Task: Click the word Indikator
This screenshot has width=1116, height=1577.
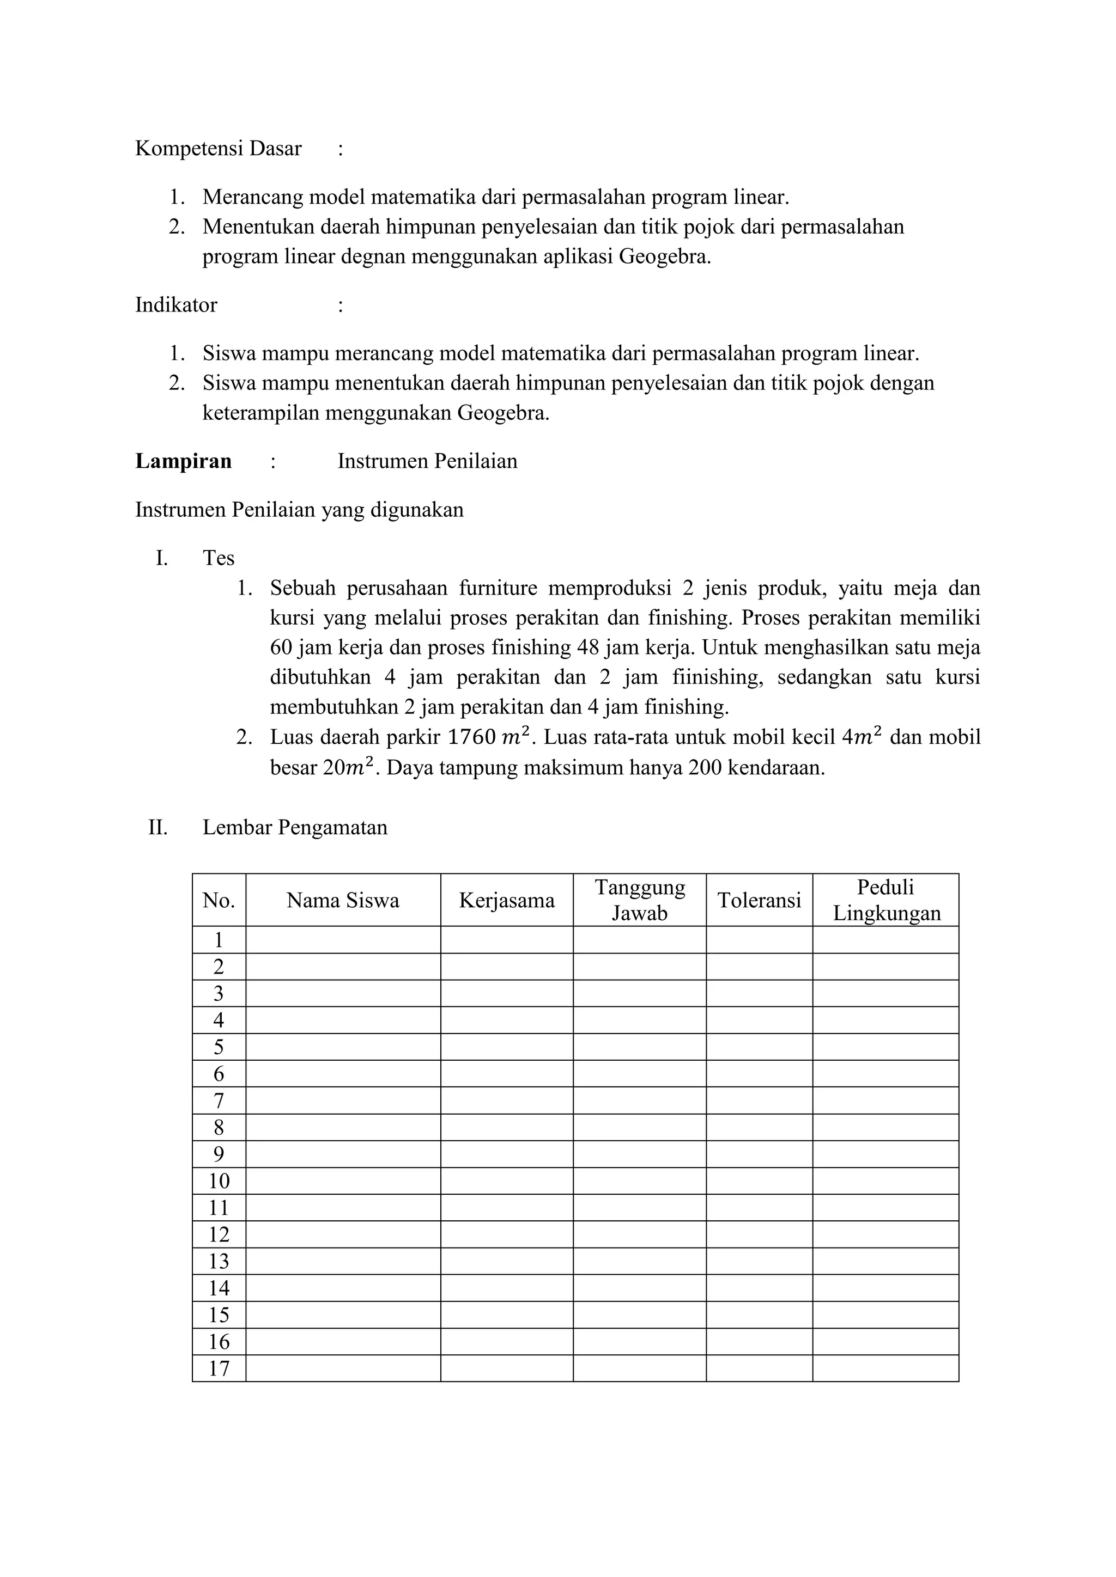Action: tap(176, 305)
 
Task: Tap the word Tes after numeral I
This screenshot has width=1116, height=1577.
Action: tap(219, 558)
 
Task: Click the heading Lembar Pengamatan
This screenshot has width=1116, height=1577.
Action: tap(295, 827)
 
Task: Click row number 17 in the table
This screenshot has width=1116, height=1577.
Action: tap(219, 1368)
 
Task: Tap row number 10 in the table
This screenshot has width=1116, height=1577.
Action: tap(219, 1181)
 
